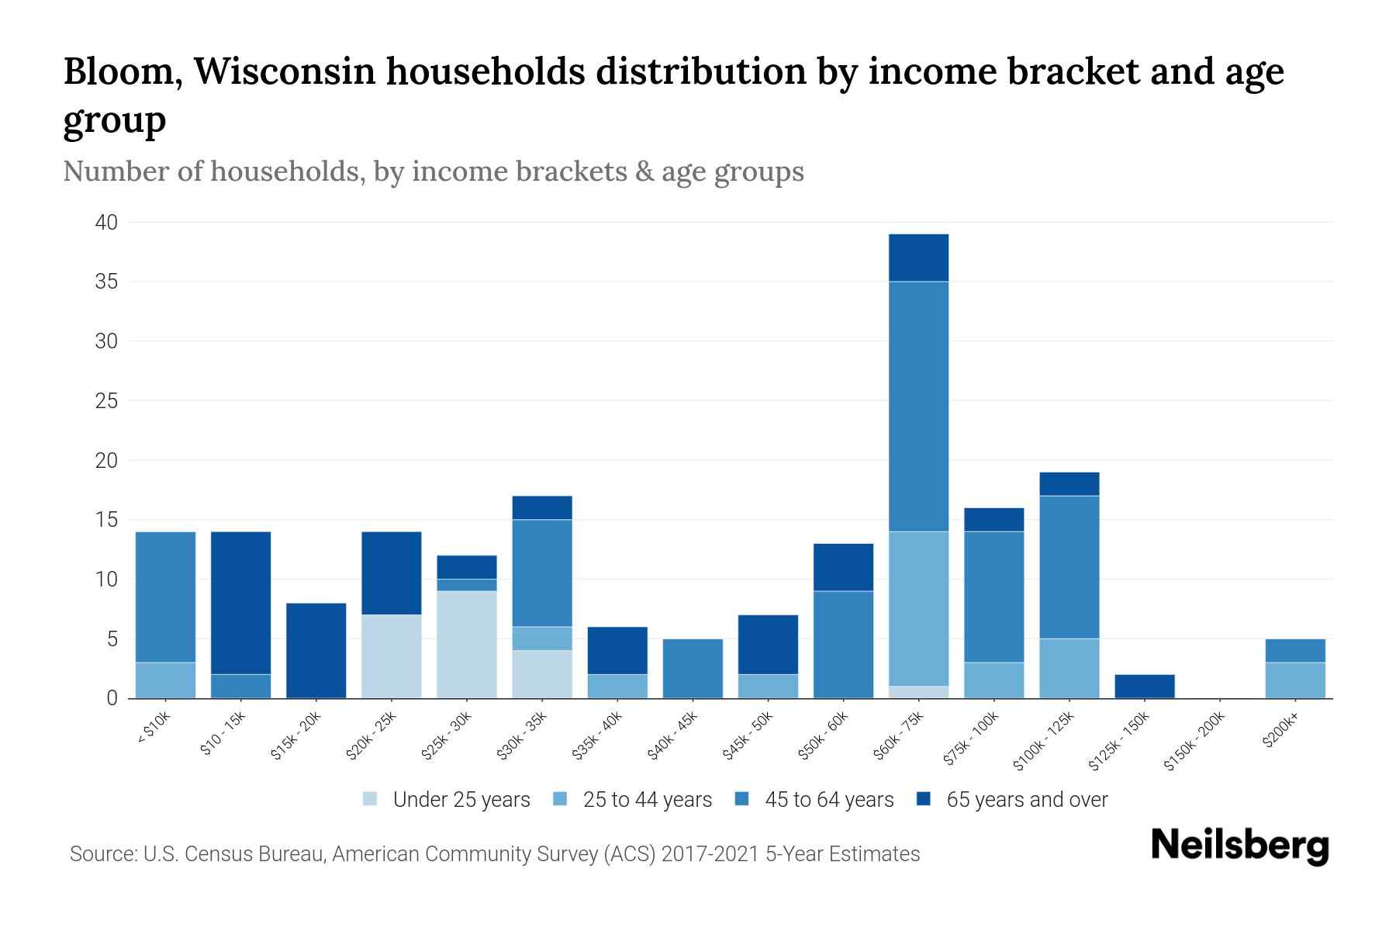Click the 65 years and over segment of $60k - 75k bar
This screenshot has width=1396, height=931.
[x=918, y=258]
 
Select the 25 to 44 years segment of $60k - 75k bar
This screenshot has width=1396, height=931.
[x=918, y=609]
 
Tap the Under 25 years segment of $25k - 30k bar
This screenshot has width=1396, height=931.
[x=467, y=645]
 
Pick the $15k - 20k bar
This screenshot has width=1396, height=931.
[x=316, y=651]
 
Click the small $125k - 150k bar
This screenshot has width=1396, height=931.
[x=1145, y=687]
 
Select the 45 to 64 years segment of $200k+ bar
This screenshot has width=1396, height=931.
[x=1295, y=651]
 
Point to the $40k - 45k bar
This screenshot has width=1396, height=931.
[x=693, y=669]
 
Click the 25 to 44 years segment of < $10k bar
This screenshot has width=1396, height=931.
[x=165, y=680]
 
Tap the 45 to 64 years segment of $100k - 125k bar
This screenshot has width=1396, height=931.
[x=1069, y=567]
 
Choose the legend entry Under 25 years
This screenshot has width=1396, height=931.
[x=461, y=800]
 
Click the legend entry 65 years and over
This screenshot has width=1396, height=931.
[x=1026, y=800]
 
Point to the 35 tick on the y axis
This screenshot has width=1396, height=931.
[x=107, y=282]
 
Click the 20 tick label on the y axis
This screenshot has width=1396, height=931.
[x=107, y=461]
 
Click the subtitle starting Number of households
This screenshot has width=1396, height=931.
[x=434, y=171]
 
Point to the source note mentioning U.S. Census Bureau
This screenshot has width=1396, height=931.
[x=495, y=854]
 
